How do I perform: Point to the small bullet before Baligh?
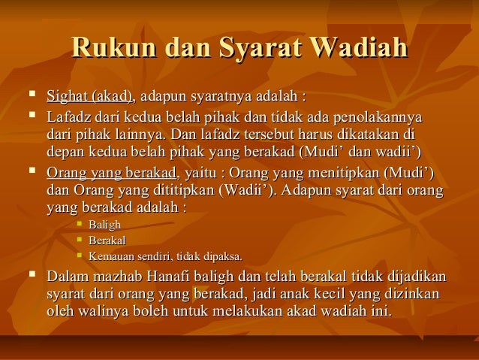(79, 225)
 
